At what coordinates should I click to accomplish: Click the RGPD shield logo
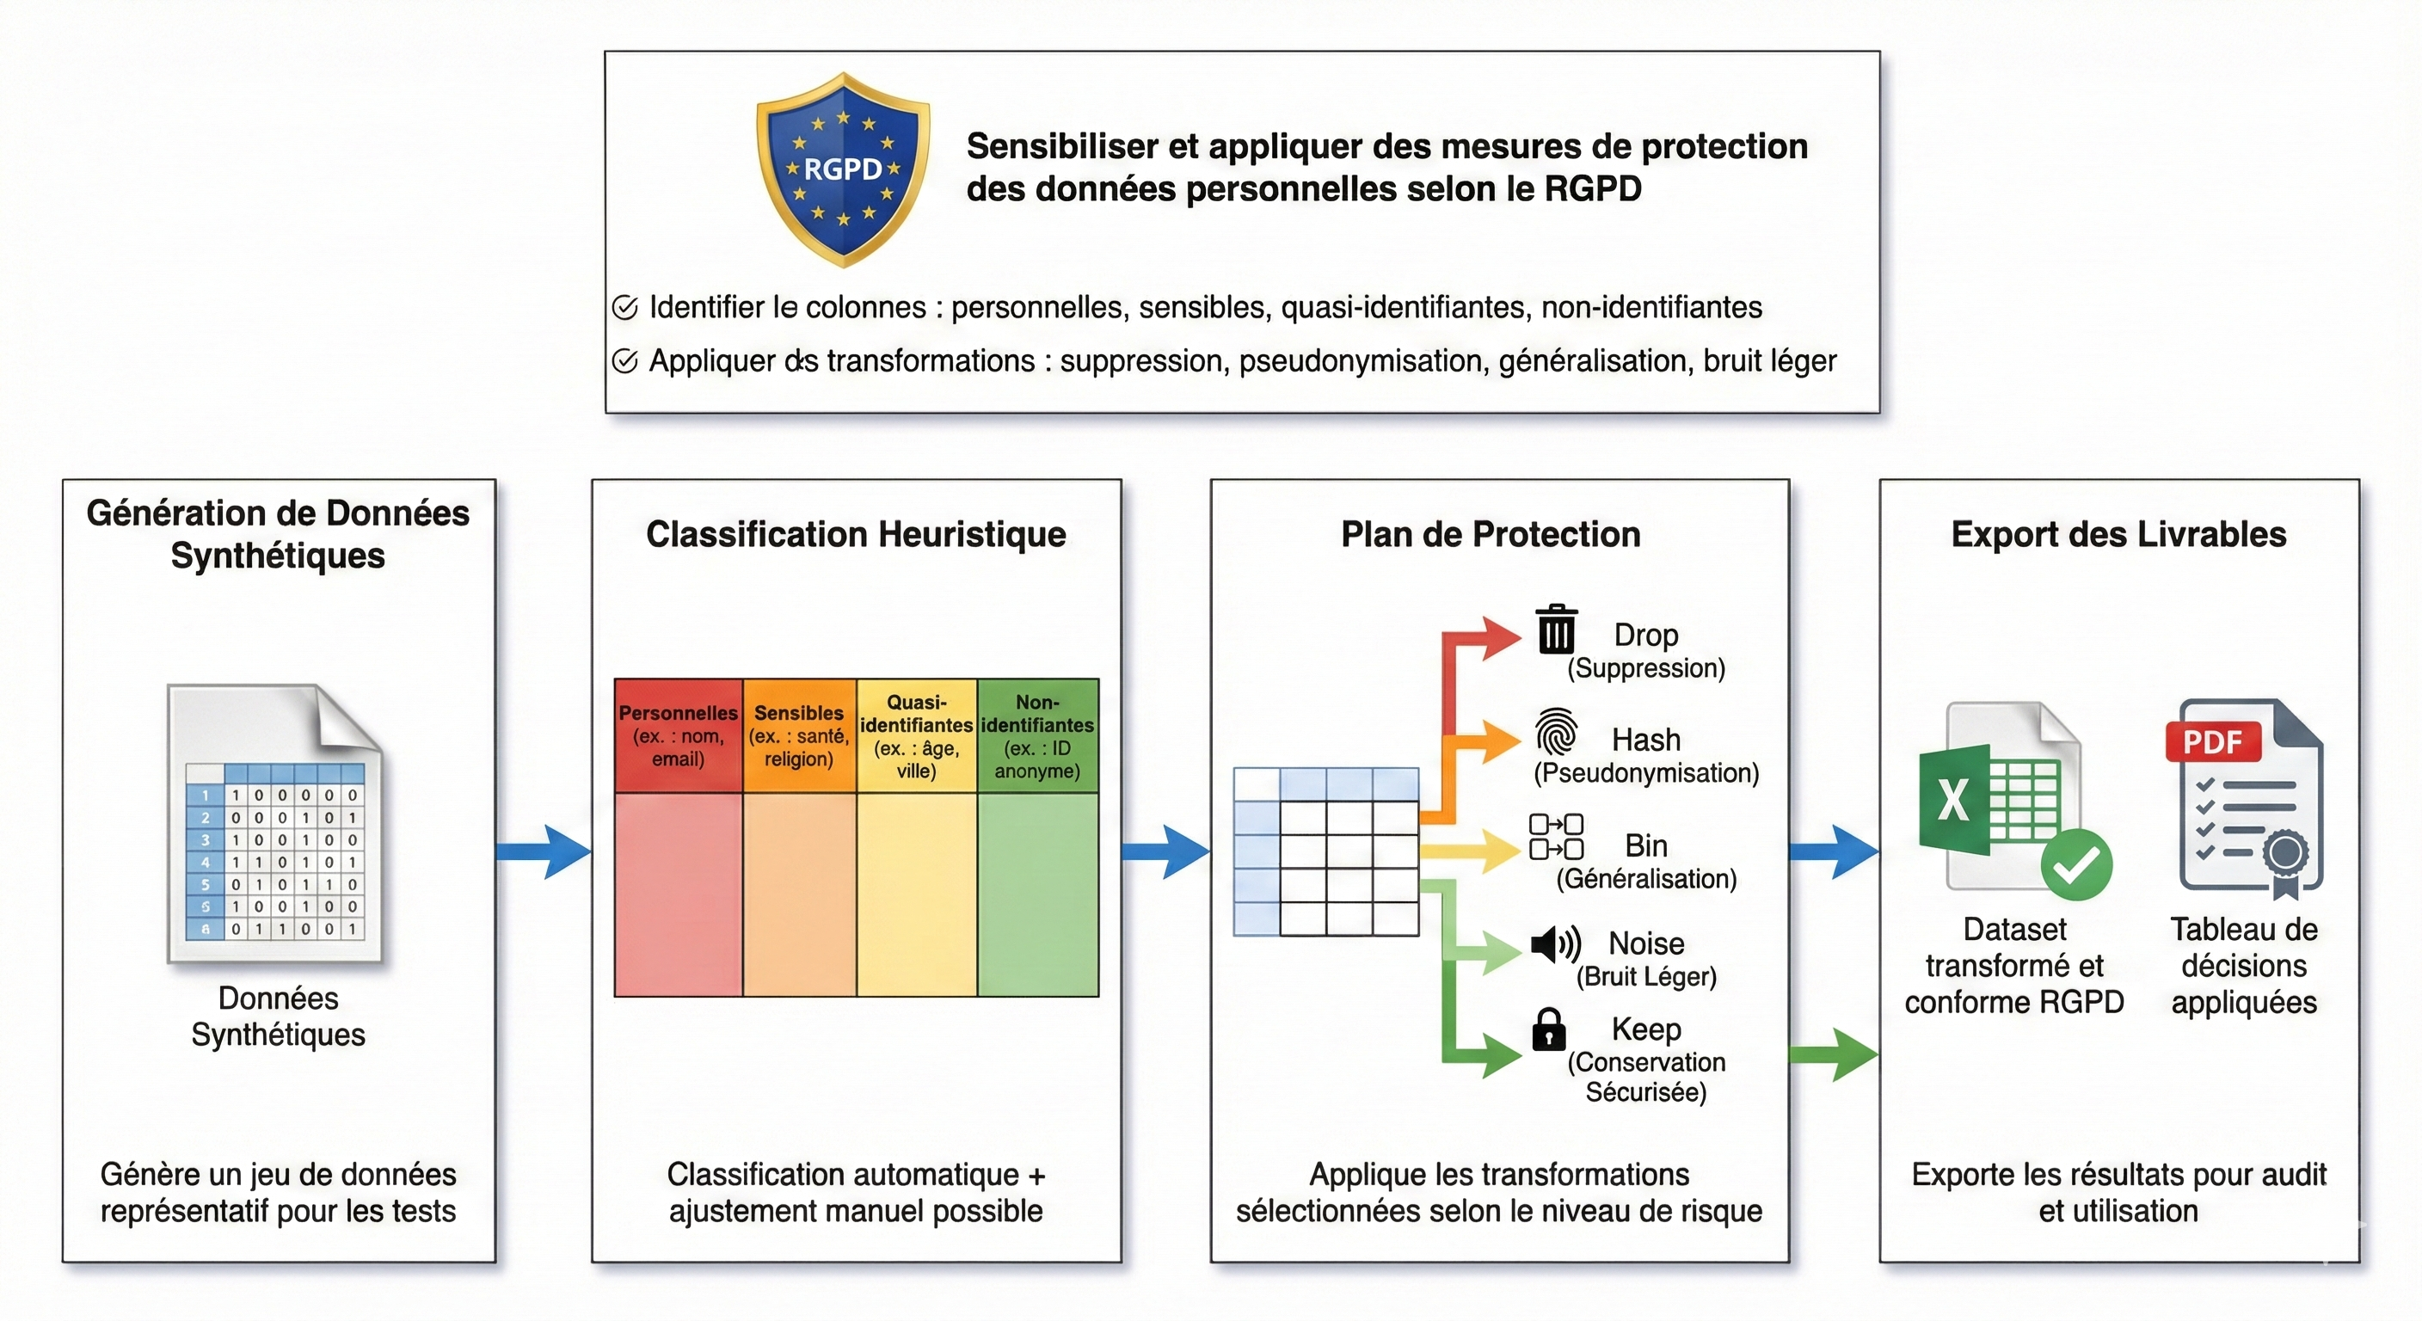point(844,169)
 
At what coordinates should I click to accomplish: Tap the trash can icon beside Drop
point(1556,629)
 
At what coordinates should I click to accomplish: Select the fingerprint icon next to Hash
point(1556,733)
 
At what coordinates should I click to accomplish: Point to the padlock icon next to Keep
point(1548,1029)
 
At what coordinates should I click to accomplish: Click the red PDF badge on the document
point(2212,742)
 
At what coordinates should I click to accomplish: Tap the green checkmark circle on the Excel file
point(2077,865)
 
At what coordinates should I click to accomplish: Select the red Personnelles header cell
point(678,736)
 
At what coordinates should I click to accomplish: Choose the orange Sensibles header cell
point(799,736)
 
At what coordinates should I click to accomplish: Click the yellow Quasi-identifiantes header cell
point(916,736)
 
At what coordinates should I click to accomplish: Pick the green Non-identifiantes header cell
point(1037,736)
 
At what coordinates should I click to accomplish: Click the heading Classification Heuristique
point(856,534)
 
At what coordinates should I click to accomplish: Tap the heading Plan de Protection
point(1491,534)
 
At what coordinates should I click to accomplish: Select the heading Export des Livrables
point(2118,534)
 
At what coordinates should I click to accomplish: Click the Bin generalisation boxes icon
point(1556,837)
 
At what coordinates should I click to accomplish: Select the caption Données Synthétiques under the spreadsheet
point(279,1017)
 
